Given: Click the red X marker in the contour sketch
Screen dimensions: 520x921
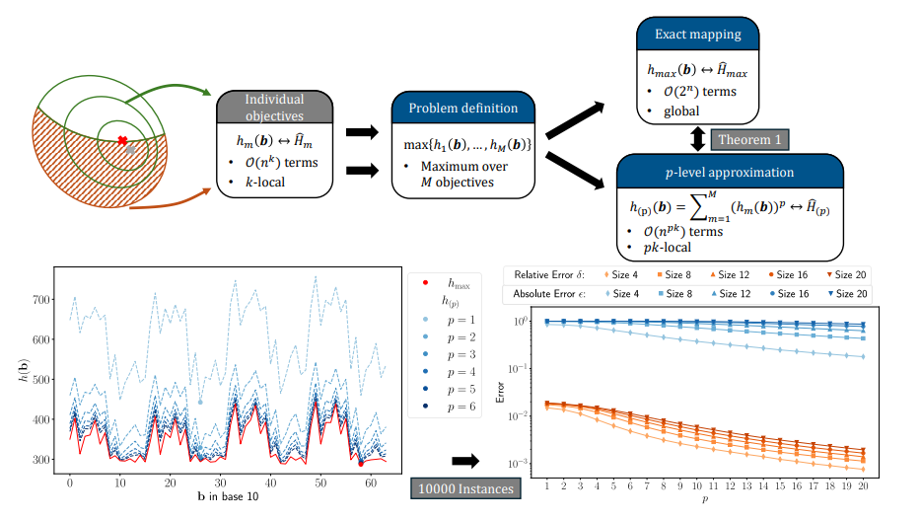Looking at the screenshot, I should pos(122,140).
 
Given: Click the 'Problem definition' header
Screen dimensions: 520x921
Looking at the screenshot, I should pos(462,108).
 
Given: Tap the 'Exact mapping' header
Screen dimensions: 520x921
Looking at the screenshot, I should pos(697,34).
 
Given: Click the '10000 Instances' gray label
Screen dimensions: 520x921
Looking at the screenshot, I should pos(464,487).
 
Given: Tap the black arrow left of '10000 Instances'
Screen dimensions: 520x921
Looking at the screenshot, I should pos(464,460).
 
